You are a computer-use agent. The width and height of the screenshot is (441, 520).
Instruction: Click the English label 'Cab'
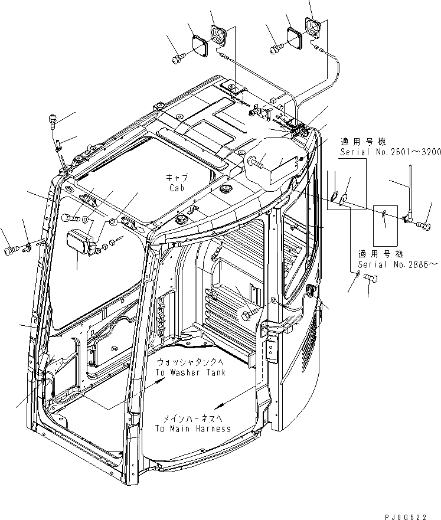click(177, 188)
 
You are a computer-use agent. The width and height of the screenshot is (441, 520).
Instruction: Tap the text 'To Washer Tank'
click(191, 372)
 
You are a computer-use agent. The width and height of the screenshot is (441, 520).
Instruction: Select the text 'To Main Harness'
click(193, 429)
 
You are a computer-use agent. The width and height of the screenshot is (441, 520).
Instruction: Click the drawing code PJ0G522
click(405, 516)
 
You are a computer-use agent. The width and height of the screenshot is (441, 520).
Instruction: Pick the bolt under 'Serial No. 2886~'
click(370, 278)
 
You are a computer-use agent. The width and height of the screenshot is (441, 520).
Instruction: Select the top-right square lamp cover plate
click(293, 37)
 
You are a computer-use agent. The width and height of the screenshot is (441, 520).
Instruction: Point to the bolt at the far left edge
click(11, 250)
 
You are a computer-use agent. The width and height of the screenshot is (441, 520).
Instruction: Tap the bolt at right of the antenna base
click(424, 225)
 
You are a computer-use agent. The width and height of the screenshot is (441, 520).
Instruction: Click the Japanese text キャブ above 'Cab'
click(177, 178)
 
